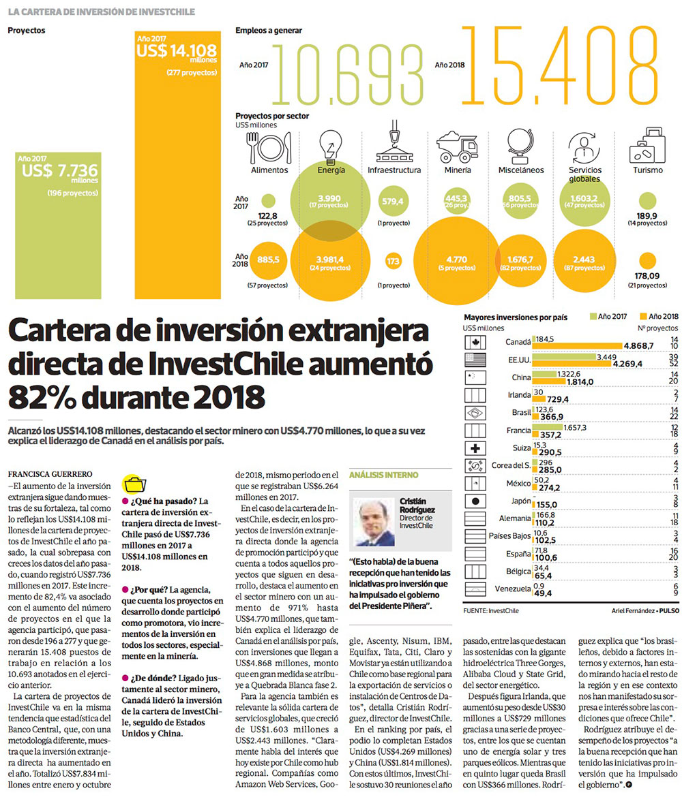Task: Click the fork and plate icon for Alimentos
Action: (269, 145)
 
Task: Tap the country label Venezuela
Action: (510, 589)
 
